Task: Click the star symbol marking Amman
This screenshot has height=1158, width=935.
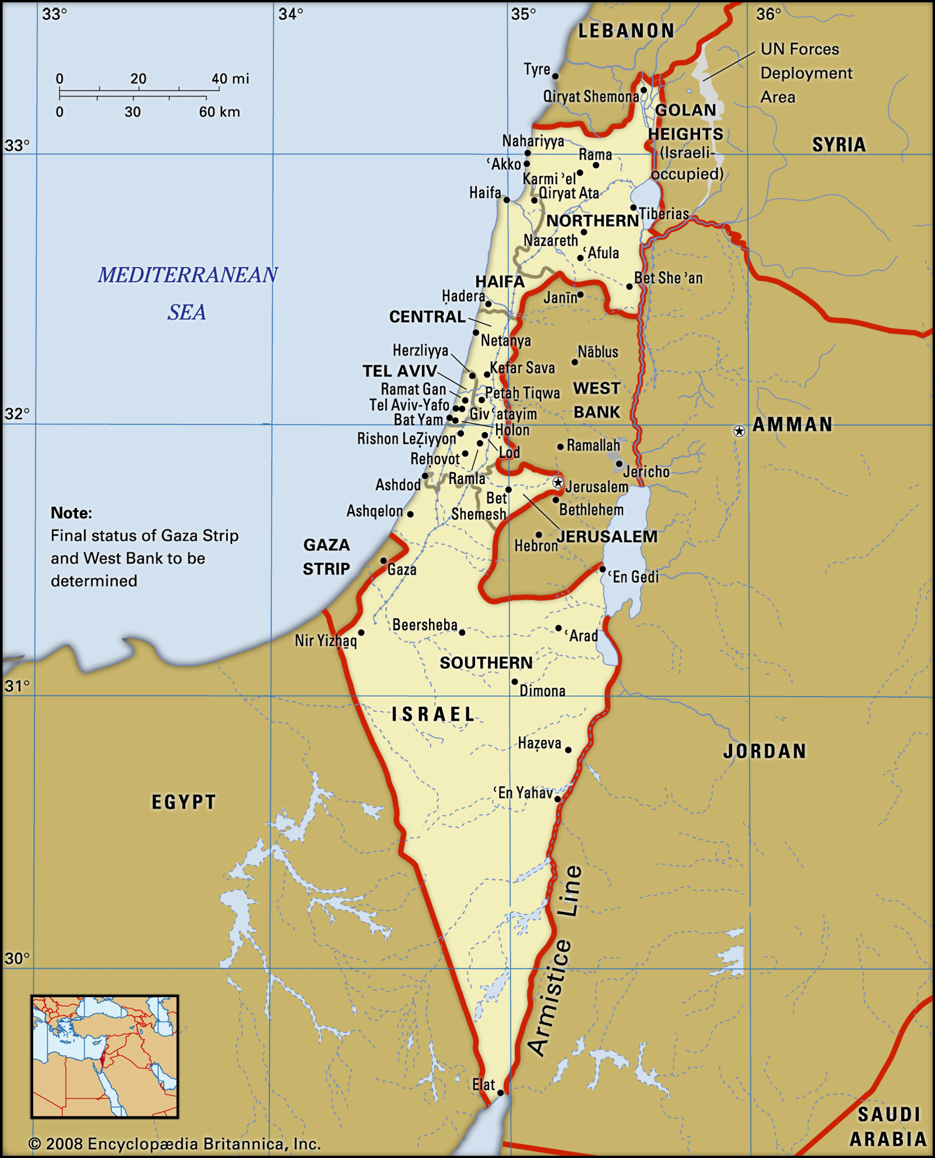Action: point(739,431)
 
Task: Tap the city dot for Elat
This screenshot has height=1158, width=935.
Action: point(500,1092)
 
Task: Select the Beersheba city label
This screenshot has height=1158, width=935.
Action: point(425,625)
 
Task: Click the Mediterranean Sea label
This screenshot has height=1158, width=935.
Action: point(188,292)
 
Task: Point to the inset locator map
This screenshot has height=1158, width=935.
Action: point(105,1057)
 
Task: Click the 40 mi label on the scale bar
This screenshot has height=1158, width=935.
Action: point(230,79)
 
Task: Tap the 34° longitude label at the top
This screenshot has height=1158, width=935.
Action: point(290,14)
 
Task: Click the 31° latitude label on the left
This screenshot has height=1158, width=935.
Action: point(16,685)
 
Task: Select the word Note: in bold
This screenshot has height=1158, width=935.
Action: point(71,513)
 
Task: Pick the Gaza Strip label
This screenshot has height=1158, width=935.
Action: point(326,556)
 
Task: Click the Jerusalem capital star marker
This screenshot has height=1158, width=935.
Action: point(558,483)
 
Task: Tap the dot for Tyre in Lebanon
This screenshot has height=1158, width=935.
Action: point(555,76)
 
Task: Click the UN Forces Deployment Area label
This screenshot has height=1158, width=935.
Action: point(805,73)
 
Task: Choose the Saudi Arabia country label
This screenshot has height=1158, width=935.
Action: point(888,1126)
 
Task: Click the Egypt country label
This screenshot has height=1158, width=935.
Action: point(183,801)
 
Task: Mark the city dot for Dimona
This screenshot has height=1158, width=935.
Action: point(514,682)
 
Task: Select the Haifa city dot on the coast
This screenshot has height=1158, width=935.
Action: point(507,200)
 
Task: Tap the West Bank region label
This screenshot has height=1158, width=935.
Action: point(596,400)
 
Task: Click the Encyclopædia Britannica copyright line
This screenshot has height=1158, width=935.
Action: point(174,1143)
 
